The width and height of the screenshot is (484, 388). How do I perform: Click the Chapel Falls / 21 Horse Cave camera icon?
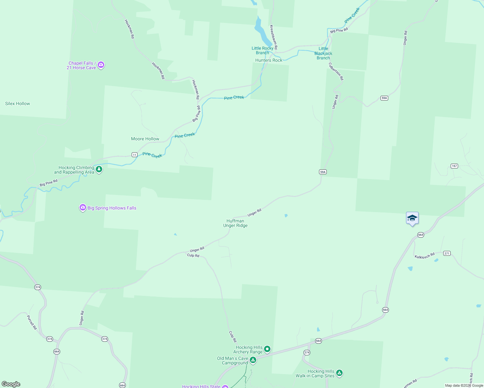click(101, 65)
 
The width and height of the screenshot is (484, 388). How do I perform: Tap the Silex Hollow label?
click(17, 104)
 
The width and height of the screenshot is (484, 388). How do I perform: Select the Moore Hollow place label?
click(145, 139)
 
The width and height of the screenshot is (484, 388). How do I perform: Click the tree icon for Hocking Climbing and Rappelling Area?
click(99, 169)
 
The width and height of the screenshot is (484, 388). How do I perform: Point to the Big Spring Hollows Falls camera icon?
click(83, 208)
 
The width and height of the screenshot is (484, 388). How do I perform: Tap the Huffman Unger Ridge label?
click(236, 223)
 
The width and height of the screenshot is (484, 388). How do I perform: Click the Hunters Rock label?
click(269, 60)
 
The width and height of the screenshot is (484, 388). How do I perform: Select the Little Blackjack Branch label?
click(323, 53)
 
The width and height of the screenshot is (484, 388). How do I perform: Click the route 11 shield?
click(135, 155)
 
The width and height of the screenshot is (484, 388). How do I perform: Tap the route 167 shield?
click(454, 166)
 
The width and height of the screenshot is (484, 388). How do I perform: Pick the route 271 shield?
click(447, 253)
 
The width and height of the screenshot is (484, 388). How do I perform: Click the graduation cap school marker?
click(412, 218)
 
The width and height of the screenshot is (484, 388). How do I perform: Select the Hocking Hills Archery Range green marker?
click(267, 349)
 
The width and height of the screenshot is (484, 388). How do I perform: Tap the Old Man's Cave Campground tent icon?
click(253, 360)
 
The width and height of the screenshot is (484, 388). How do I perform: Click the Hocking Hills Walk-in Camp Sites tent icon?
click(339, 373)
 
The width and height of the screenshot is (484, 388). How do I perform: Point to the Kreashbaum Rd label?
click(274, 37)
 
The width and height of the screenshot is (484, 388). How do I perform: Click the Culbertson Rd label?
click(336, 71)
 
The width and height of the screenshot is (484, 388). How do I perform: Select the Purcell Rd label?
click(32, 322)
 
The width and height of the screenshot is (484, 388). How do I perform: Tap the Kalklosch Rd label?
click(424, 256)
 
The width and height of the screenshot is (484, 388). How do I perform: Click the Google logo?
click(11, 384)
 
